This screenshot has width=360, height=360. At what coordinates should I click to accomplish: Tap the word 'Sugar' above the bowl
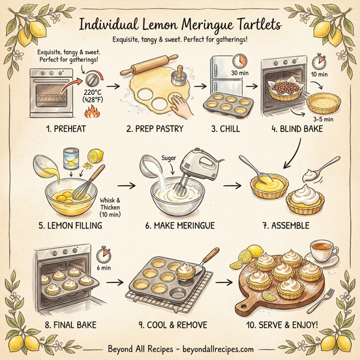coord(168,157)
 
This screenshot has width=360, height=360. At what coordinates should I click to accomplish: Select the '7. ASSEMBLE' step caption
coord(285,226)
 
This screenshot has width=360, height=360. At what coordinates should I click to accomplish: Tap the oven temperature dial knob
coord(93,80)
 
